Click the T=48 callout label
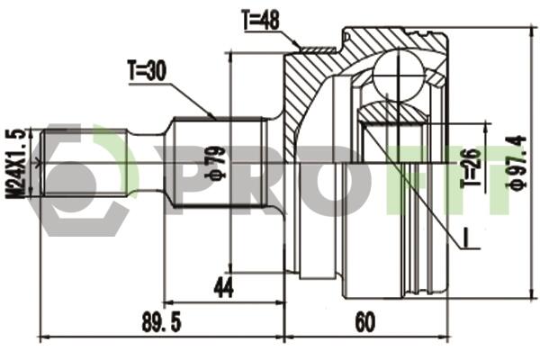260,20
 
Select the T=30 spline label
147,70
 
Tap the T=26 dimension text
471,166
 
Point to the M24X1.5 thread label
15,164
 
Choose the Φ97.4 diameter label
516,162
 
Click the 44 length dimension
224,288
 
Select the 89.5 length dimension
161,322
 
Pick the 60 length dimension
365,322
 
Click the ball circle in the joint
399,75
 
